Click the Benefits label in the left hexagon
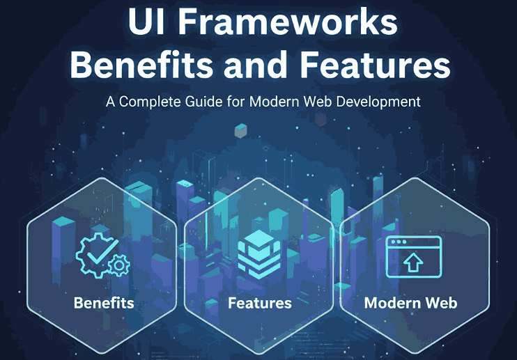point(104,304)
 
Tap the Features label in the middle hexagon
point(259,304)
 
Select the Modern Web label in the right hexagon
point(410,304)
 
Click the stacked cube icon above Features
point(258,255)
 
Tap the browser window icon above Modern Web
point(413,257)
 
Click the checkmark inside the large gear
point(100,253)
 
